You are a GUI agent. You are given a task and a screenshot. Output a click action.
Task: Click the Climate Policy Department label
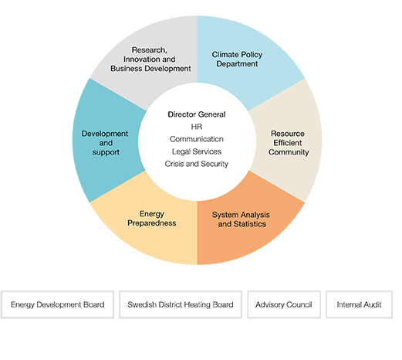[237, 59]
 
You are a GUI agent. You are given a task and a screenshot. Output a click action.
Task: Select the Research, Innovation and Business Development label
[150, 59]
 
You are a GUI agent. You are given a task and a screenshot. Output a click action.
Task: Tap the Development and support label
[105, 143]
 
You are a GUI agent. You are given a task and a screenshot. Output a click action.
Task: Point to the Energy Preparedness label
[152, 219]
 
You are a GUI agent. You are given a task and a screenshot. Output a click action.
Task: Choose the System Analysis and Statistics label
[241, 219]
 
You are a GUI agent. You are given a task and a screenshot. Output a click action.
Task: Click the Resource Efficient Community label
[289, 143]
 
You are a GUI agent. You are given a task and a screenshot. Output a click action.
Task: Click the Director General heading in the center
[197, 114]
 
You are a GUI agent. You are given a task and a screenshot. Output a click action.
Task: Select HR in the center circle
[197, 127]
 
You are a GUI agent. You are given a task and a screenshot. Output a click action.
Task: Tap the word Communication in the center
[197, 139]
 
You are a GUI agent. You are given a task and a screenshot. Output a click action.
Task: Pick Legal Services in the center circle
[197, 151]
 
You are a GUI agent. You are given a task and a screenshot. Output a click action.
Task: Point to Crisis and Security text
[197, 164]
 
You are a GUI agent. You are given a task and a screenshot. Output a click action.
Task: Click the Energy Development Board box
[57, 304]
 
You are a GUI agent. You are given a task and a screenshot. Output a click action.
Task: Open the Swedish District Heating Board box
[181, 304]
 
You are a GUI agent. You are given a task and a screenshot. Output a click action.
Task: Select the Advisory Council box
[284, 304]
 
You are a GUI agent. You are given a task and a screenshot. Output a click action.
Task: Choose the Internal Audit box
[359, 304]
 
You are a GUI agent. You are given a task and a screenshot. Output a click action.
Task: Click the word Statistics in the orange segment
[249, 224]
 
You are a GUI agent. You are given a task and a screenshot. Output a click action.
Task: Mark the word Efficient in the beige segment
[288, 143]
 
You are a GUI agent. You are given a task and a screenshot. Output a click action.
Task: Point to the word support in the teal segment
[106, 152]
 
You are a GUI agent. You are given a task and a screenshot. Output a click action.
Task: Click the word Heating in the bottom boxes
[197, 304]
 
